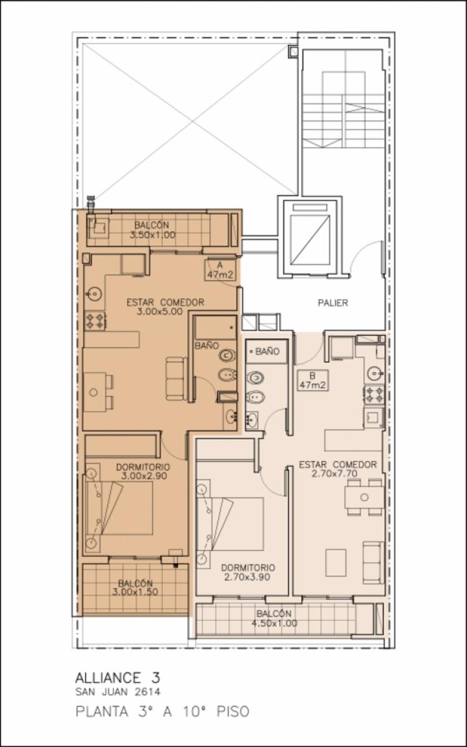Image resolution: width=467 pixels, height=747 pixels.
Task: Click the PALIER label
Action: pyautogui.click(x=333, y=303)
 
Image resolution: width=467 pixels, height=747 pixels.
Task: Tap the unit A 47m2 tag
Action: pyautogui.click(x=220, y=270)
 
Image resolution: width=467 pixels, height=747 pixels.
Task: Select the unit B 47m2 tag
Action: pyautogui.click(x=312, y=380)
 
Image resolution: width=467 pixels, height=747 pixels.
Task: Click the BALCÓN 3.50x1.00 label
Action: pyautogui.click(x=152, y=230)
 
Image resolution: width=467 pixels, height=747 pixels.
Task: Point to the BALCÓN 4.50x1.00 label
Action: pyautogui.click(x=274, y=618)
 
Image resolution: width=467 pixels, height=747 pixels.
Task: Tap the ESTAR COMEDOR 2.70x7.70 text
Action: pyautogui.click(x=337, y=469)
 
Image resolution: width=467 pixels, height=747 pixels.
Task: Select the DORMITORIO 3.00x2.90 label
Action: pyautogui.click(x=143, y=471)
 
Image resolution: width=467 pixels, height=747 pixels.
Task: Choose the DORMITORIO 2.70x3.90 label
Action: pyautogui.click(x=248, y=572)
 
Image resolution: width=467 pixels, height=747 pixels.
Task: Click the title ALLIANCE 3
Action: pyautogui.click(x=118, y=678)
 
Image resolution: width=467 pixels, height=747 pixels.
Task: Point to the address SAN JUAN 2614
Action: pyautogui.click(x=118, y=692)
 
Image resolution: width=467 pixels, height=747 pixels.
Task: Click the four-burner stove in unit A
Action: pyautogui.click(x=95, y=321)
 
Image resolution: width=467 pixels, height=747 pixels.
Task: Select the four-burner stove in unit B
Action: pyautogui.click(x=374, y=395)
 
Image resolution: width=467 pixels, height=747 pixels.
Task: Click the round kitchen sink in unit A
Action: pyautogui.click(x=95, y=294)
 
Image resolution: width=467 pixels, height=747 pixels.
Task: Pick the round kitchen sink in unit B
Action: pyautogui.click(x=375, y=374)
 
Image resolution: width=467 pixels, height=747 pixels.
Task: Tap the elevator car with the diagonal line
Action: pyautogui.click(x=309, y=240)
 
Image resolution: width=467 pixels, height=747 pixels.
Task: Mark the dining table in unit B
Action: pyautogui.click(x=364, y=497)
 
